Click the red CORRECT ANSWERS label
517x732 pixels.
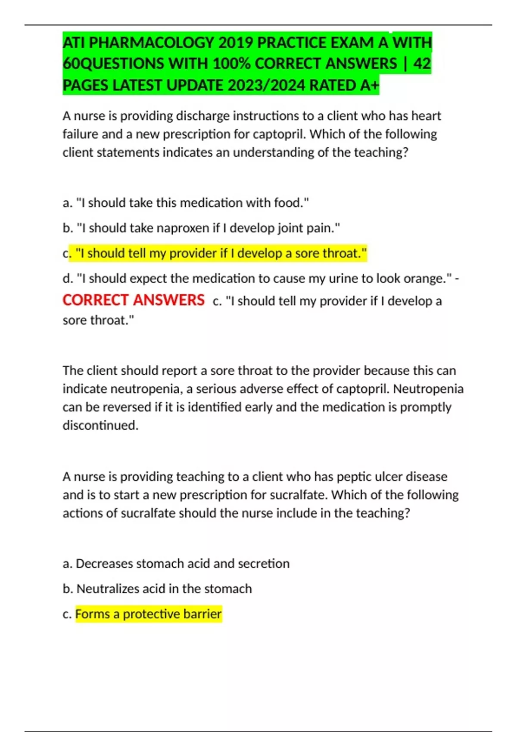tap(134, 300)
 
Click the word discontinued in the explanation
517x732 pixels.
tap(100, 425)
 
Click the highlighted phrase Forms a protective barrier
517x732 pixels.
tap(148, 614)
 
